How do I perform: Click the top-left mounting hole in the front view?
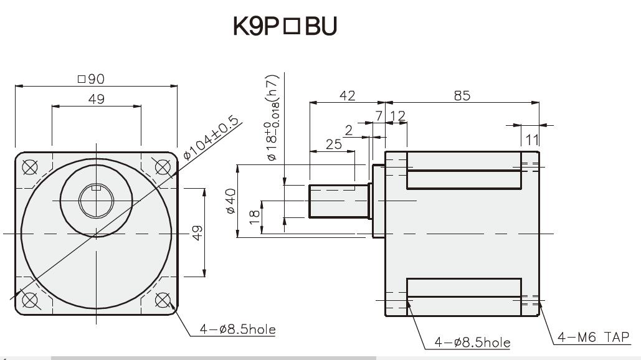coord(29,166)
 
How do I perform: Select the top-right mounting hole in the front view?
coord(163,166)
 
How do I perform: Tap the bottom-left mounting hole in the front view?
coord(29,300)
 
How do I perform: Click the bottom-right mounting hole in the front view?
coord(163,300)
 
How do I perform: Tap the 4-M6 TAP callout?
coord(594,337)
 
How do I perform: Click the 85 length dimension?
coord(462,95)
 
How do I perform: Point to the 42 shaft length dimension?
coord(347,95)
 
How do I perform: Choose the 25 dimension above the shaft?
coord(334,144)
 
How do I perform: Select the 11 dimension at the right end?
coord(531,138)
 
